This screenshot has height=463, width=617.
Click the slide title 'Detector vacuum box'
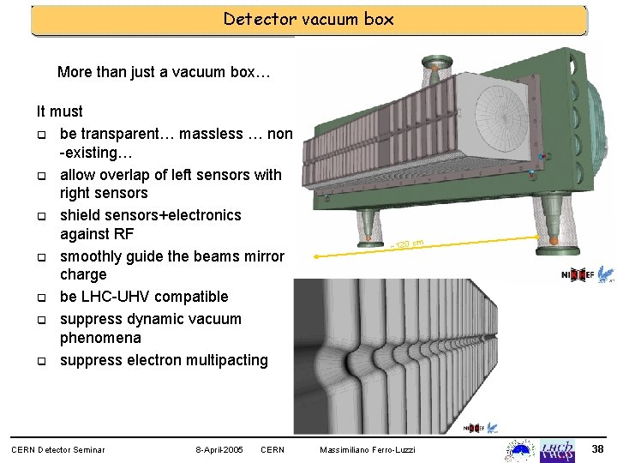point(308,19)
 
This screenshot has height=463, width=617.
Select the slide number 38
point(598,449)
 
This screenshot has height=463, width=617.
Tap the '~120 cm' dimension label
point(409,245)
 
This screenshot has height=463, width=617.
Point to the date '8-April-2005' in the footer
point(220,450)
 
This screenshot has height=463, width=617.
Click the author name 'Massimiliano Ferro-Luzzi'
point(367,450)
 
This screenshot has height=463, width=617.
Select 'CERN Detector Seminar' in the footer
point(57,450)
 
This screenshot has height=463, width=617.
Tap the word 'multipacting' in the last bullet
point(226,360)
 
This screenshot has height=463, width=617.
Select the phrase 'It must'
point(59,111)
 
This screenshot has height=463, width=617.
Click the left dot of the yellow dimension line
point(316,256)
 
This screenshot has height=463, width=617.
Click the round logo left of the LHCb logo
point(521,448)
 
